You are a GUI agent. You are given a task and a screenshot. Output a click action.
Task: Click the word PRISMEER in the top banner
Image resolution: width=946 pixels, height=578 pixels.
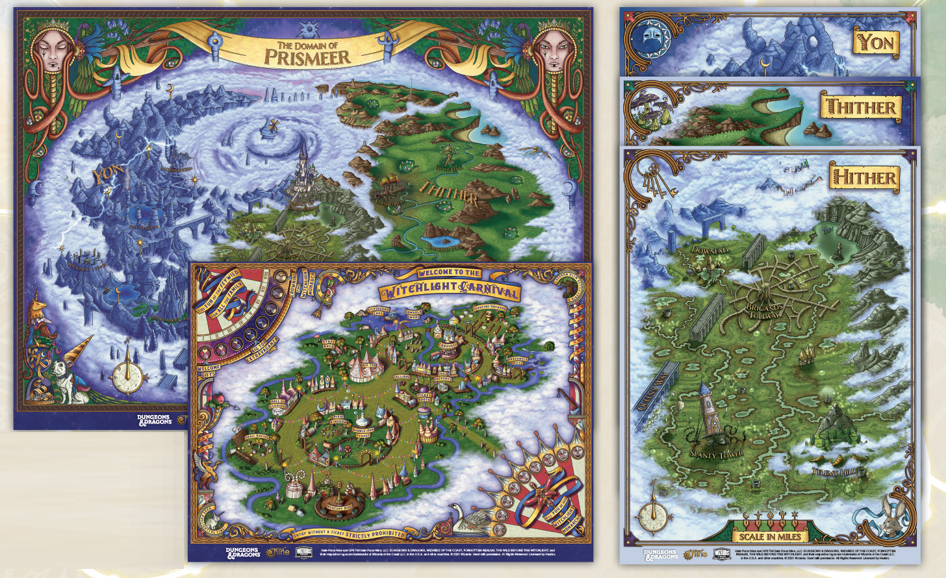[x=307, y=57]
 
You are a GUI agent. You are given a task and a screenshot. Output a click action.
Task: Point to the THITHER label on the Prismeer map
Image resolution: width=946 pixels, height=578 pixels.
[x=449, y=193]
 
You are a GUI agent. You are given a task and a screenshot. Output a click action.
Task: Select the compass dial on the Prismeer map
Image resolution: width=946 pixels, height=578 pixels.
[x=127, y=376]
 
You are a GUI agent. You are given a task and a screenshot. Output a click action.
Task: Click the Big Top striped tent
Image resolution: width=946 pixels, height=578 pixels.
[x=363, y=368]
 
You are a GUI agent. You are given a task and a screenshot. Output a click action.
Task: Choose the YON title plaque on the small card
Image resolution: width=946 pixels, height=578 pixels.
[x=876, y=44]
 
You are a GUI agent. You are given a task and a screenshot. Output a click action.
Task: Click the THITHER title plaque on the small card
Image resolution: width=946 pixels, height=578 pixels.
[x=861, y=107]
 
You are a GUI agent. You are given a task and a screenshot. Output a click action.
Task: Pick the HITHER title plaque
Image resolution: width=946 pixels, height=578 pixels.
[x=864, y=177]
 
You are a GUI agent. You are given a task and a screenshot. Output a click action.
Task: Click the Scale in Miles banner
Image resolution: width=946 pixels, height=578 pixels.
[x=770, y=536]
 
